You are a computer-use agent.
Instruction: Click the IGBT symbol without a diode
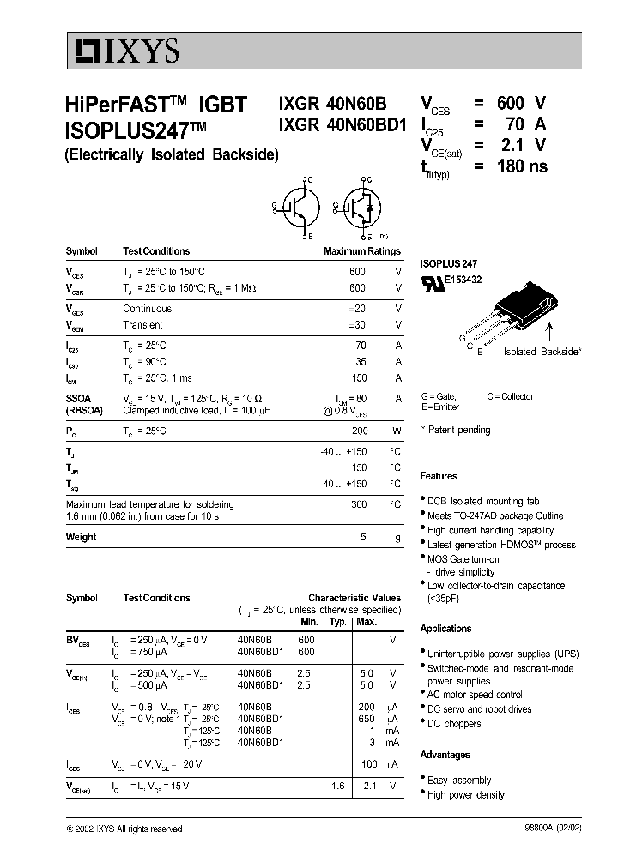[297, 207]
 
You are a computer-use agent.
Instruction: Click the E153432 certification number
[463, 280]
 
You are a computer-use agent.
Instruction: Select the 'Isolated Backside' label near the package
[542, 352]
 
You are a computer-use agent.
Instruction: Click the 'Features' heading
[438, 476]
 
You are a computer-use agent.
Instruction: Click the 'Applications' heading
[445, 629]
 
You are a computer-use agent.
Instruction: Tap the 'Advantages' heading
[445, 755]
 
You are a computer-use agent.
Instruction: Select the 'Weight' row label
[81, 537]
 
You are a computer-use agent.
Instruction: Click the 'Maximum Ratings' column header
[361, 251]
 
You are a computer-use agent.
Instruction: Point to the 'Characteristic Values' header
[354, 598]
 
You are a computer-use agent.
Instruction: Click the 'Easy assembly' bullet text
[459, 781]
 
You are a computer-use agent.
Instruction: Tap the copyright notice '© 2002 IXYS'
[124, 829]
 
